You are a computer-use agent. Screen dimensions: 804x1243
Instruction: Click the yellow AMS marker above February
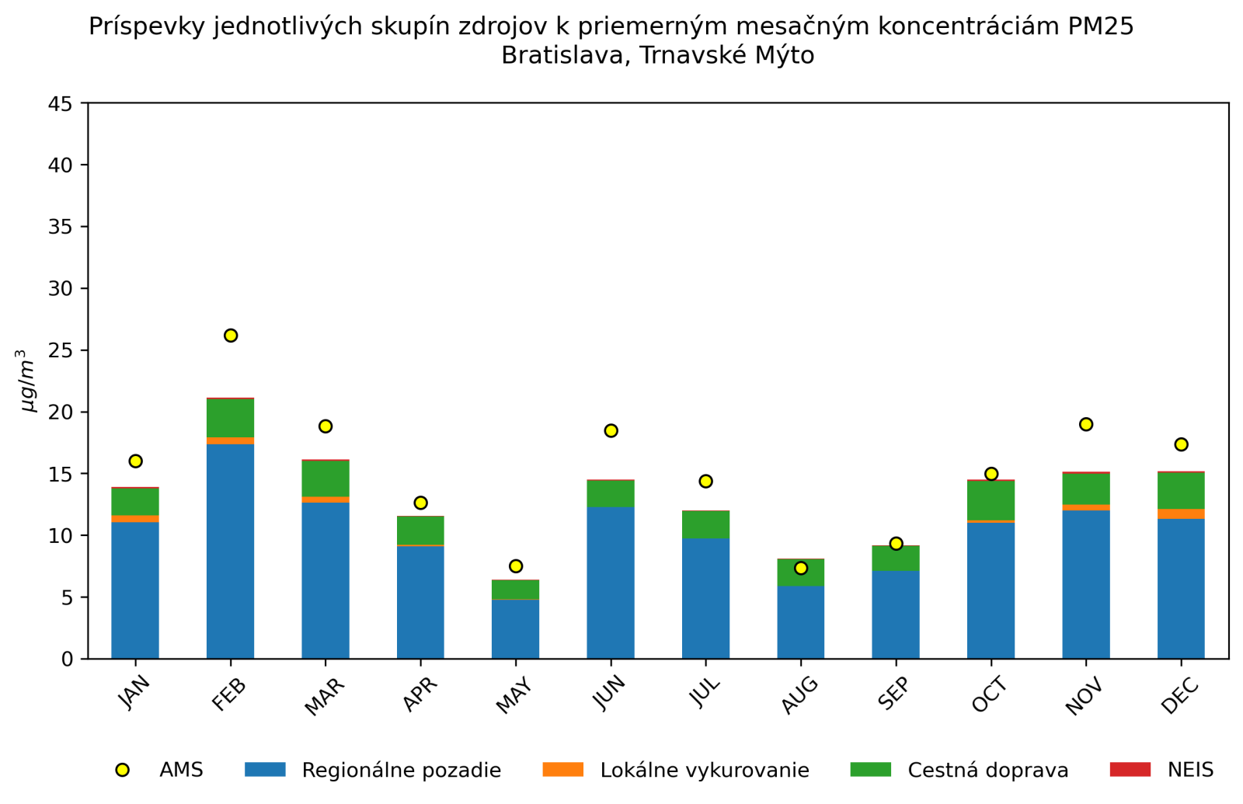[231, 336]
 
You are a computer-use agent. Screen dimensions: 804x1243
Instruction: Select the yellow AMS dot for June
[611, 430]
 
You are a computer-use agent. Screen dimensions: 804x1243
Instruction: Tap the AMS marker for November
[1086, 424]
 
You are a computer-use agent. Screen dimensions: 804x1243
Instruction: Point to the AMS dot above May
[516, 566]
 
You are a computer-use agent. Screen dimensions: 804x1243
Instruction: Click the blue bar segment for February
[231, 552]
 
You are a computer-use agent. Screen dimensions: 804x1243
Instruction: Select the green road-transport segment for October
[991, 501]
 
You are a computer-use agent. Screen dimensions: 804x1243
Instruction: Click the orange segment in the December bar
[1181, 513]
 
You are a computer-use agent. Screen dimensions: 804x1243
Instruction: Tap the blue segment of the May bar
[516, 629]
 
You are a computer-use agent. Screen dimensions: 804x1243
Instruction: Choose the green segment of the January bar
[135, 502]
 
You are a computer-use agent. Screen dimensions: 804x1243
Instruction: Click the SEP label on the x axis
[893, 693]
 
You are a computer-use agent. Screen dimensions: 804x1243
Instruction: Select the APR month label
[420, 694]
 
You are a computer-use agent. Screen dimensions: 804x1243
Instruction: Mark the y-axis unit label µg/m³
[28, 381]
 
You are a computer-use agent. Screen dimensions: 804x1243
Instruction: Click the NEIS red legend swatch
[1130, 770]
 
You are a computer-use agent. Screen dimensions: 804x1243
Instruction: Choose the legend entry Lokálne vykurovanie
[705, 770]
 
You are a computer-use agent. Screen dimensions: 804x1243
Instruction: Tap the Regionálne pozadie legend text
[401, 770]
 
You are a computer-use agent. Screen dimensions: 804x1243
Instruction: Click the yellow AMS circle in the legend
[122, 770]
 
